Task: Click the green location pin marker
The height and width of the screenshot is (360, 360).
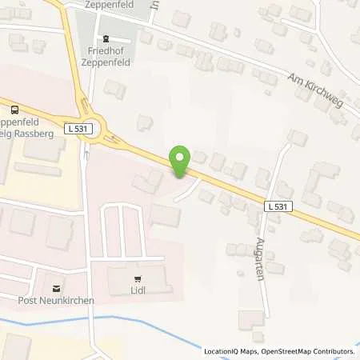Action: [x=180, y=161]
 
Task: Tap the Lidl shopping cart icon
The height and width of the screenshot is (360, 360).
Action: [x=139, y=280]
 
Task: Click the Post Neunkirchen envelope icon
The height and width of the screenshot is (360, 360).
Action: [x=55, y=288]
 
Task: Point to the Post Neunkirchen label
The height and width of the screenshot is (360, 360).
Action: [x=55, y=301]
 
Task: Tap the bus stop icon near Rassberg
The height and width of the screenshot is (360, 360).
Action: [x=14, y=110]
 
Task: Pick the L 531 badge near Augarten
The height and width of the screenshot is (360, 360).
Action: [x=278, y=206]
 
